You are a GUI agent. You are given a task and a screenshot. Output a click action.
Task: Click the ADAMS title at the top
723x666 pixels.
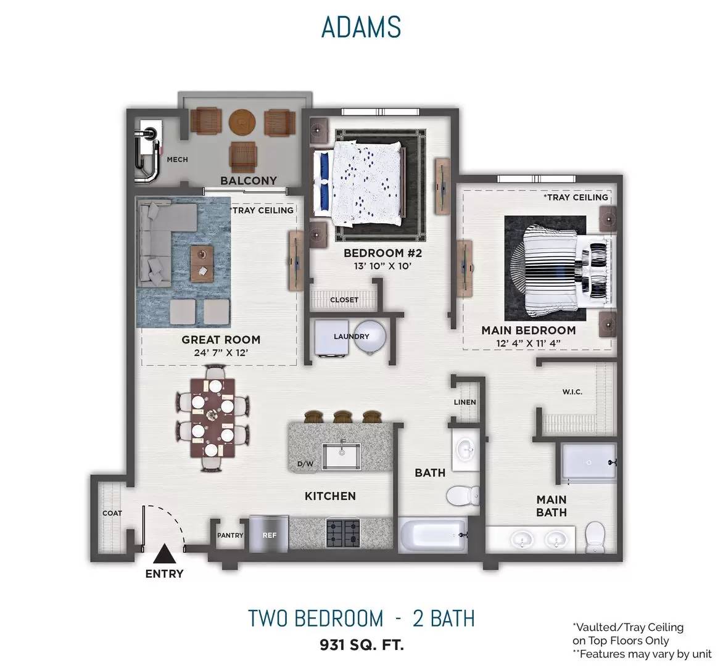click(361, 27)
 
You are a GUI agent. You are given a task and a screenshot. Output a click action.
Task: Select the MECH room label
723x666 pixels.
click(177, 160)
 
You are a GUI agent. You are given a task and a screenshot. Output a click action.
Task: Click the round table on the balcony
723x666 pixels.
click(242, 122)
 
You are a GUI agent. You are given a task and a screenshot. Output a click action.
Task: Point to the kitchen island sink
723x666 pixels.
click(341, 456)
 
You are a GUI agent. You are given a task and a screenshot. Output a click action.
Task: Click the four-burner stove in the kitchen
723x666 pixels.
click(343, 533)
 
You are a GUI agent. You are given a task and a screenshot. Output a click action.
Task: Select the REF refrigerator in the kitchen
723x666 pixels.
click(270, 533)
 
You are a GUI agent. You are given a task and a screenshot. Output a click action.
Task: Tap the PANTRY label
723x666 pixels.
click(230, 535)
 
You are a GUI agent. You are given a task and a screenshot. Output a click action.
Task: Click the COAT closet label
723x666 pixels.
click(112, 513)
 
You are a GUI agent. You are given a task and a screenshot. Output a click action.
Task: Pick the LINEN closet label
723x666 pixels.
click(465, 402)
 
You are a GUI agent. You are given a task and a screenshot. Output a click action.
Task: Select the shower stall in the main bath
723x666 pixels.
click(589, 462)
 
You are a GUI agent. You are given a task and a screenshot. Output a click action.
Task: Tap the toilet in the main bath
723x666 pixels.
click(594, 536)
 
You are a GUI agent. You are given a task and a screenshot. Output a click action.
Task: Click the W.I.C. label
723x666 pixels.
click(572, 392)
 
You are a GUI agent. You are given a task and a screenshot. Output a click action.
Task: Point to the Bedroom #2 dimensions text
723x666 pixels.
click(382, 266)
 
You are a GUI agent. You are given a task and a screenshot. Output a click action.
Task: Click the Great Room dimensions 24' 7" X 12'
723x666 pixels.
click(221, 353)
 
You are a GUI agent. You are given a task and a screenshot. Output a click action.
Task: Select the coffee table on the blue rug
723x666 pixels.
click(202, 264)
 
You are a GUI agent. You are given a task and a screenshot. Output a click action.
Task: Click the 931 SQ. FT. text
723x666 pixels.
click(362, 644)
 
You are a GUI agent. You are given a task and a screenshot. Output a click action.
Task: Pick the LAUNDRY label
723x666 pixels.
click(352, 337)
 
